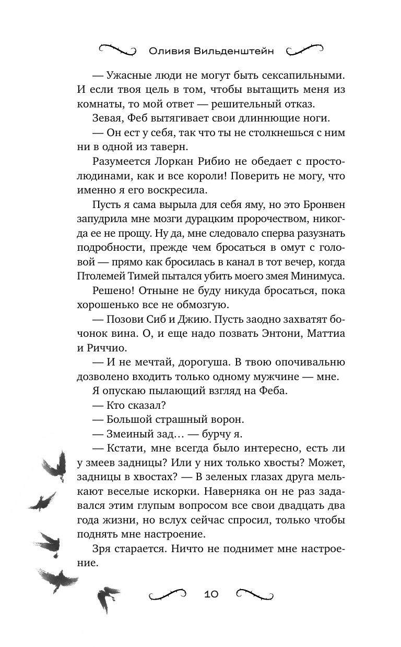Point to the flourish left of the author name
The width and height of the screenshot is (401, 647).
click(x=117, y=50)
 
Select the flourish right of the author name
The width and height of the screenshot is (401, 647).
click(x=305, y=50)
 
